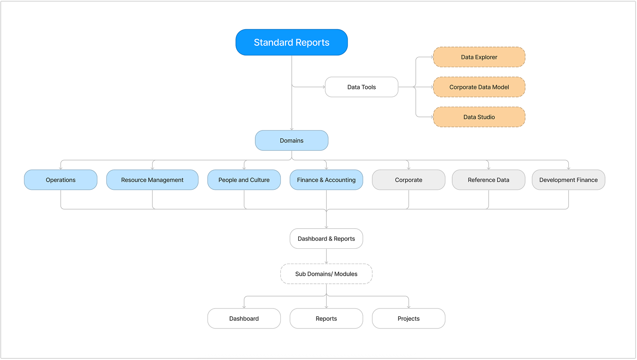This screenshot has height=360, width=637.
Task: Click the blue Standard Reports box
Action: point(292,42)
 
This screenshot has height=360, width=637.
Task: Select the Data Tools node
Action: point(362,87)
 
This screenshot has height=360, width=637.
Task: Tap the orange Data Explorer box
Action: point(479,57)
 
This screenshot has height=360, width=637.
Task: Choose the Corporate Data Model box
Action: point(479,87)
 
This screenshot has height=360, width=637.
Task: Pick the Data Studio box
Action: point(479,117)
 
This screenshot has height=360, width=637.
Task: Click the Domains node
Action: point(292,141)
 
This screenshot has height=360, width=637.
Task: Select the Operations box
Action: point(61,180)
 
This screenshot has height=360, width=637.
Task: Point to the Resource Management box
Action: point(152,180)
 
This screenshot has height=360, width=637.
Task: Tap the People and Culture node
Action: point(244,180)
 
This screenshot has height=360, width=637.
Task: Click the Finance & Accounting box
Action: point(326,180)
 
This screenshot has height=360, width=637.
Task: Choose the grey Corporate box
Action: point(409,180)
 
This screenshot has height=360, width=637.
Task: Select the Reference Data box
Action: point(489,180)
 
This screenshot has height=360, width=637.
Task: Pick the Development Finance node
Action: point(568,180)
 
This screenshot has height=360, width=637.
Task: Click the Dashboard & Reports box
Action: point(326,239)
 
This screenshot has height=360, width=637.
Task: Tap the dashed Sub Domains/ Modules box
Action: point(326,274)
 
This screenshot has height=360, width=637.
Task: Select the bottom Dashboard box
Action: point(244,319)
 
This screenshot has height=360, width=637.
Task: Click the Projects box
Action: point(409,319)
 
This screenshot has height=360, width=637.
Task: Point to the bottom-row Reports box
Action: point(326,319)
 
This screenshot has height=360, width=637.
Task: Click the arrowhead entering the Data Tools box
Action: point(324,87)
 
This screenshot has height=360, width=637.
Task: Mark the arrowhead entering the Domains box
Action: point(292,129)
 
